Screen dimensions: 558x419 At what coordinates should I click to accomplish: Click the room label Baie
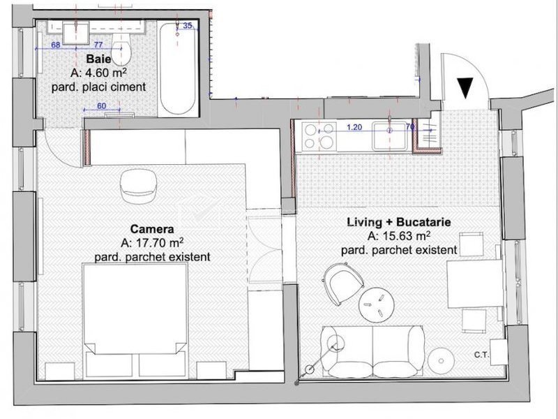98,59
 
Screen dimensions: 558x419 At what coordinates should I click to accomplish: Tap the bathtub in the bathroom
177,68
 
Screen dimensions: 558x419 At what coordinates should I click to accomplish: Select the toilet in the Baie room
121,45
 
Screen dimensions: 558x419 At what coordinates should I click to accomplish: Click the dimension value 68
56,45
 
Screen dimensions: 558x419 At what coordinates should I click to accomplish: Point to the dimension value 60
101,106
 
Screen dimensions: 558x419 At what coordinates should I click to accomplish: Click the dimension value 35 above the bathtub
188,25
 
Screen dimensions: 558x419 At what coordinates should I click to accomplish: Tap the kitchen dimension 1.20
354,127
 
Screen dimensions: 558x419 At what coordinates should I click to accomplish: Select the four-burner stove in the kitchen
319,135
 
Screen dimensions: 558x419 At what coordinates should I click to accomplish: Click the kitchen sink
390,136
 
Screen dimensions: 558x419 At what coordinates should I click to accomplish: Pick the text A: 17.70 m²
152,242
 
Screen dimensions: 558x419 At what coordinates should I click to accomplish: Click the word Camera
152,229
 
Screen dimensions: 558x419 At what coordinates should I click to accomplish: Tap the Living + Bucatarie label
399,222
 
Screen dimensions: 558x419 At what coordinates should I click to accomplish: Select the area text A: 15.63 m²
399,236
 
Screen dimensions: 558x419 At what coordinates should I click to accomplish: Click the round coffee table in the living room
376,304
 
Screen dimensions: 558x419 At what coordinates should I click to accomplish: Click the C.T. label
482,355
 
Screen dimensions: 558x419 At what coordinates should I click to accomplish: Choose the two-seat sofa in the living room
372,351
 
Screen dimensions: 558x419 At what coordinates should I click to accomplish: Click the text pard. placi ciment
98,87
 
